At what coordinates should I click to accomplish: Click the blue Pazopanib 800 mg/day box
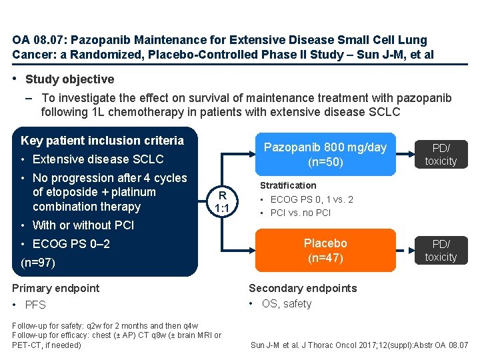325,155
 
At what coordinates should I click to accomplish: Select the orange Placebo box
325,250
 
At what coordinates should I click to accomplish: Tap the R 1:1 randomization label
223,201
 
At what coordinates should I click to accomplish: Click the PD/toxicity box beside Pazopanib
441,155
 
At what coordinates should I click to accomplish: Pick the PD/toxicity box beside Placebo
441,251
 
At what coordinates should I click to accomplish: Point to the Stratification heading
288,185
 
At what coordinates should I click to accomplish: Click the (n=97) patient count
37,263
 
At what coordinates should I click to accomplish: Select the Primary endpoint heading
56,288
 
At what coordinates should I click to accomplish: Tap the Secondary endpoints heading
303,288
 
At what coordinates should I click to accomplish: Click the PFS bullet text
35,305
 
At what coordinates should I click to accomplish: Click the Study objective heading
69,79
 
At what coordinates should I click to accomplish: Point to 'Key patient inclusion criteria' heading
102,141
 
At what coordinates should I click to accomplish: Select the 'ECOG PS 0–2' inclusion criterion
71,244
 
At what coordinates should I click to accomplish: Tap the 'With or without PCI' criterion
83,225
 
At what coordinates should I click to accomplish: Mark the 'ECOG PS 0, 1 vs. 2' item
311,199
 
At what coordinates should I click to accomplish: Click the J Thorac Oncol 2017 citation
359,345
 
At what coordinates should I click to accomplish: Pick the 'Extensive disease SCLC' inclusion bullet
97,159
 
